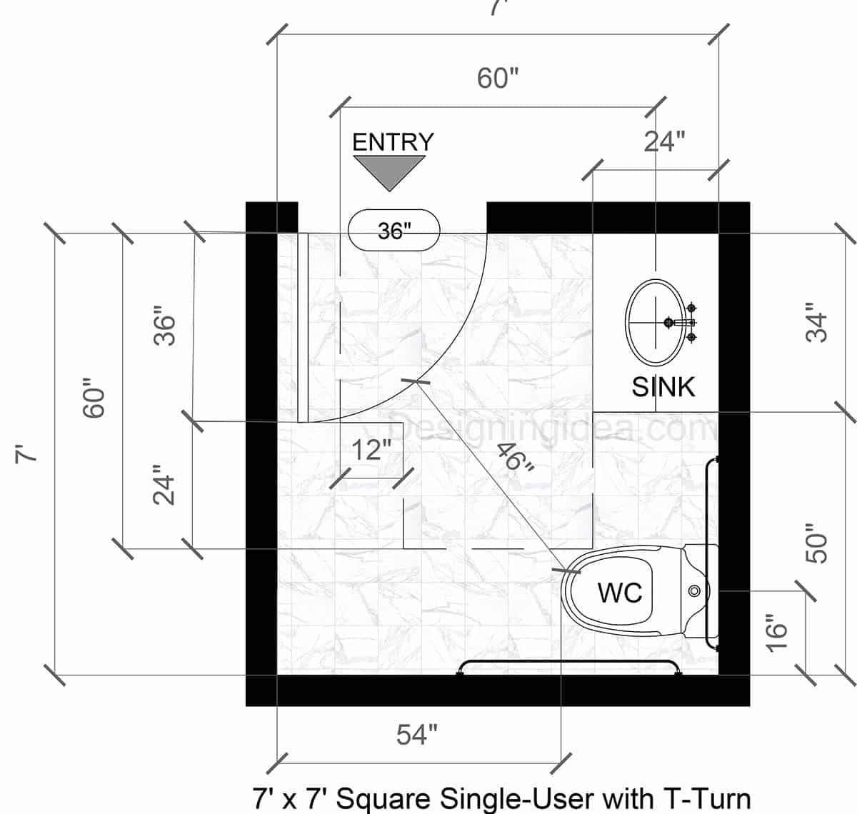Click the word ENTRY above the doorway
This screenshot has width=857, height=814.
coord(393,142)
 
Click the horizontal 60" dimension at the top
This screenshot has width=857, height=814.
coord(498,78)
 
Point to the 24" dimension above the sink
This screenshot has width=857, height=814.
coord(664,142)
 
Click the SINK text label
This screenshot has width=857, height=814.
coord(663,387)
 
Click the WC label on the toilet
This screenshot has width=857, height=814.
coord(619,592)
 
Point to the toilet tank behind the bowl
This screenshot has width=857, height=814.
coord(696,591)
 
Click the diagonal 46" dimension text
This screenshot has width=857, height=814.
coord(516,458)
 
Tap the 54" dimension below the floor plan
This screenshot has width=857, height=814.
coord(416,735)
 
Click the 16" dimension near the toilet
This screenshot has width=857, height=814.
coord(776,632)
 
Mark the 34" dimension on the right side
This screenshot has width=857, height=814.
coord(817,327)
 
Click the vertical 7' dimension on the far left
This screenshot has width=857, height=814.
coord(26,453)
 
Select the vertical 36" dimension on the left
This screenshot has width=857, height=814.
coord(165,327)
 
